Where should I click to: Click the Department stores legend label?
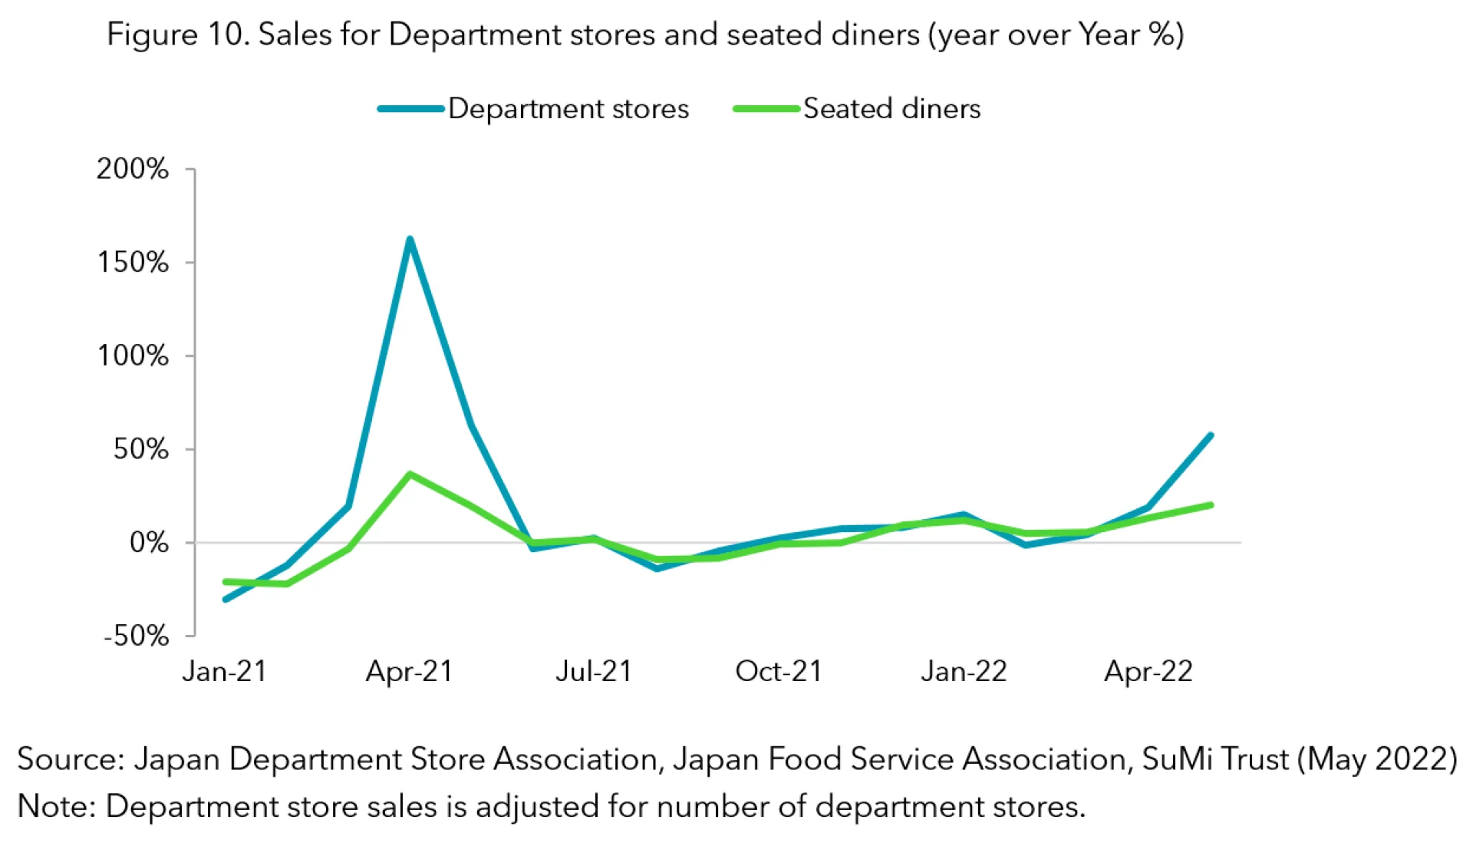(x=568, y=109)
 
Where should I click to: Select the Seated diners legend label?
(x=891, y=109)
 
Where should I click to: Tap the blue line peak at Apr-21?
(x=410, y=240)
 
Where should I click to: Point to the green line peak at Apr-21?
(x=410, y=474)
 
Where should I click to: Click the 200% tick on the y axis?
(x=133, y=169)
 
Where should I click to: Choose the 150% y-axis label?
(x=133, y=263)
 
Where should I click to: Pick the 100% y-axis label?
(x=133, y=356)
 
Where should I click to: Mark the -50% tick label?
(x=136, y=636)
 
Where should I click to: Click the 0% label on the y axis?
(x=149, y=543)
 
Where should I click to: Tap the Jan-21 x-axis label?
(x=224, y=672)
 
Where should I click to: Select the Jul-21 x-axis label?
(x=593, y=672)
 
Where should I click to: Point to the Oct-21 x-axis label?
(x=778, y=672)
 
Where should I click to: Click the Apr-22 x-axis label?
(x=1148, y=672)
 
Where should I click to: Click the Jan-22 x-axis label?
(x=964, y=672)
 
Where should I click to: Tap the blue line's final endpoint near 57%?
(x=1210, y=436)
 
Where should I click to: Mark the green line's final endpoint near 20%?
(x=1210, y=505)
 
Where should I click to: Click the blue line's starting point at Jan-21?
(x=226, y=600)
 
